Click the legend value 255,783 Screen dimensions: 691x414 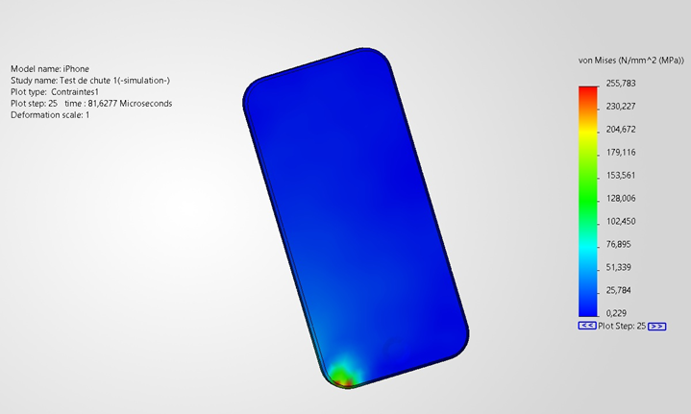(x=621, y=84)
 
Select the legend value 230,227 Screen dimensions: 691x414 (x=621, y=107)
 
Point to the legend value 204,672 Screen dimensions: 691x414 (x=621, y=129)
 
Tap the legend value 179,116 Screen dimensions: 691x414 (x=621, y=153)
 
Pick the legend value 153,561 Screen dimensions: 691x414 (x=621, y=175)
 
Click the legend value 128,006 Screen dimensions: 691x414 (x=621, y=198)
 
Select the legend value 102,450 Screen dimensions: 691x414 (x=621, y=221)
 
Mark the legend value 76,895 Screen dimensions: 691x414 (x=619, y=244)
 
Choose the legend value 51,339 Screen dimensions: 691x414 (x=619, y=267)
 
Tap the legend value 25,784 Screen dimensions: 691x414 (x=619, y=290)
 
